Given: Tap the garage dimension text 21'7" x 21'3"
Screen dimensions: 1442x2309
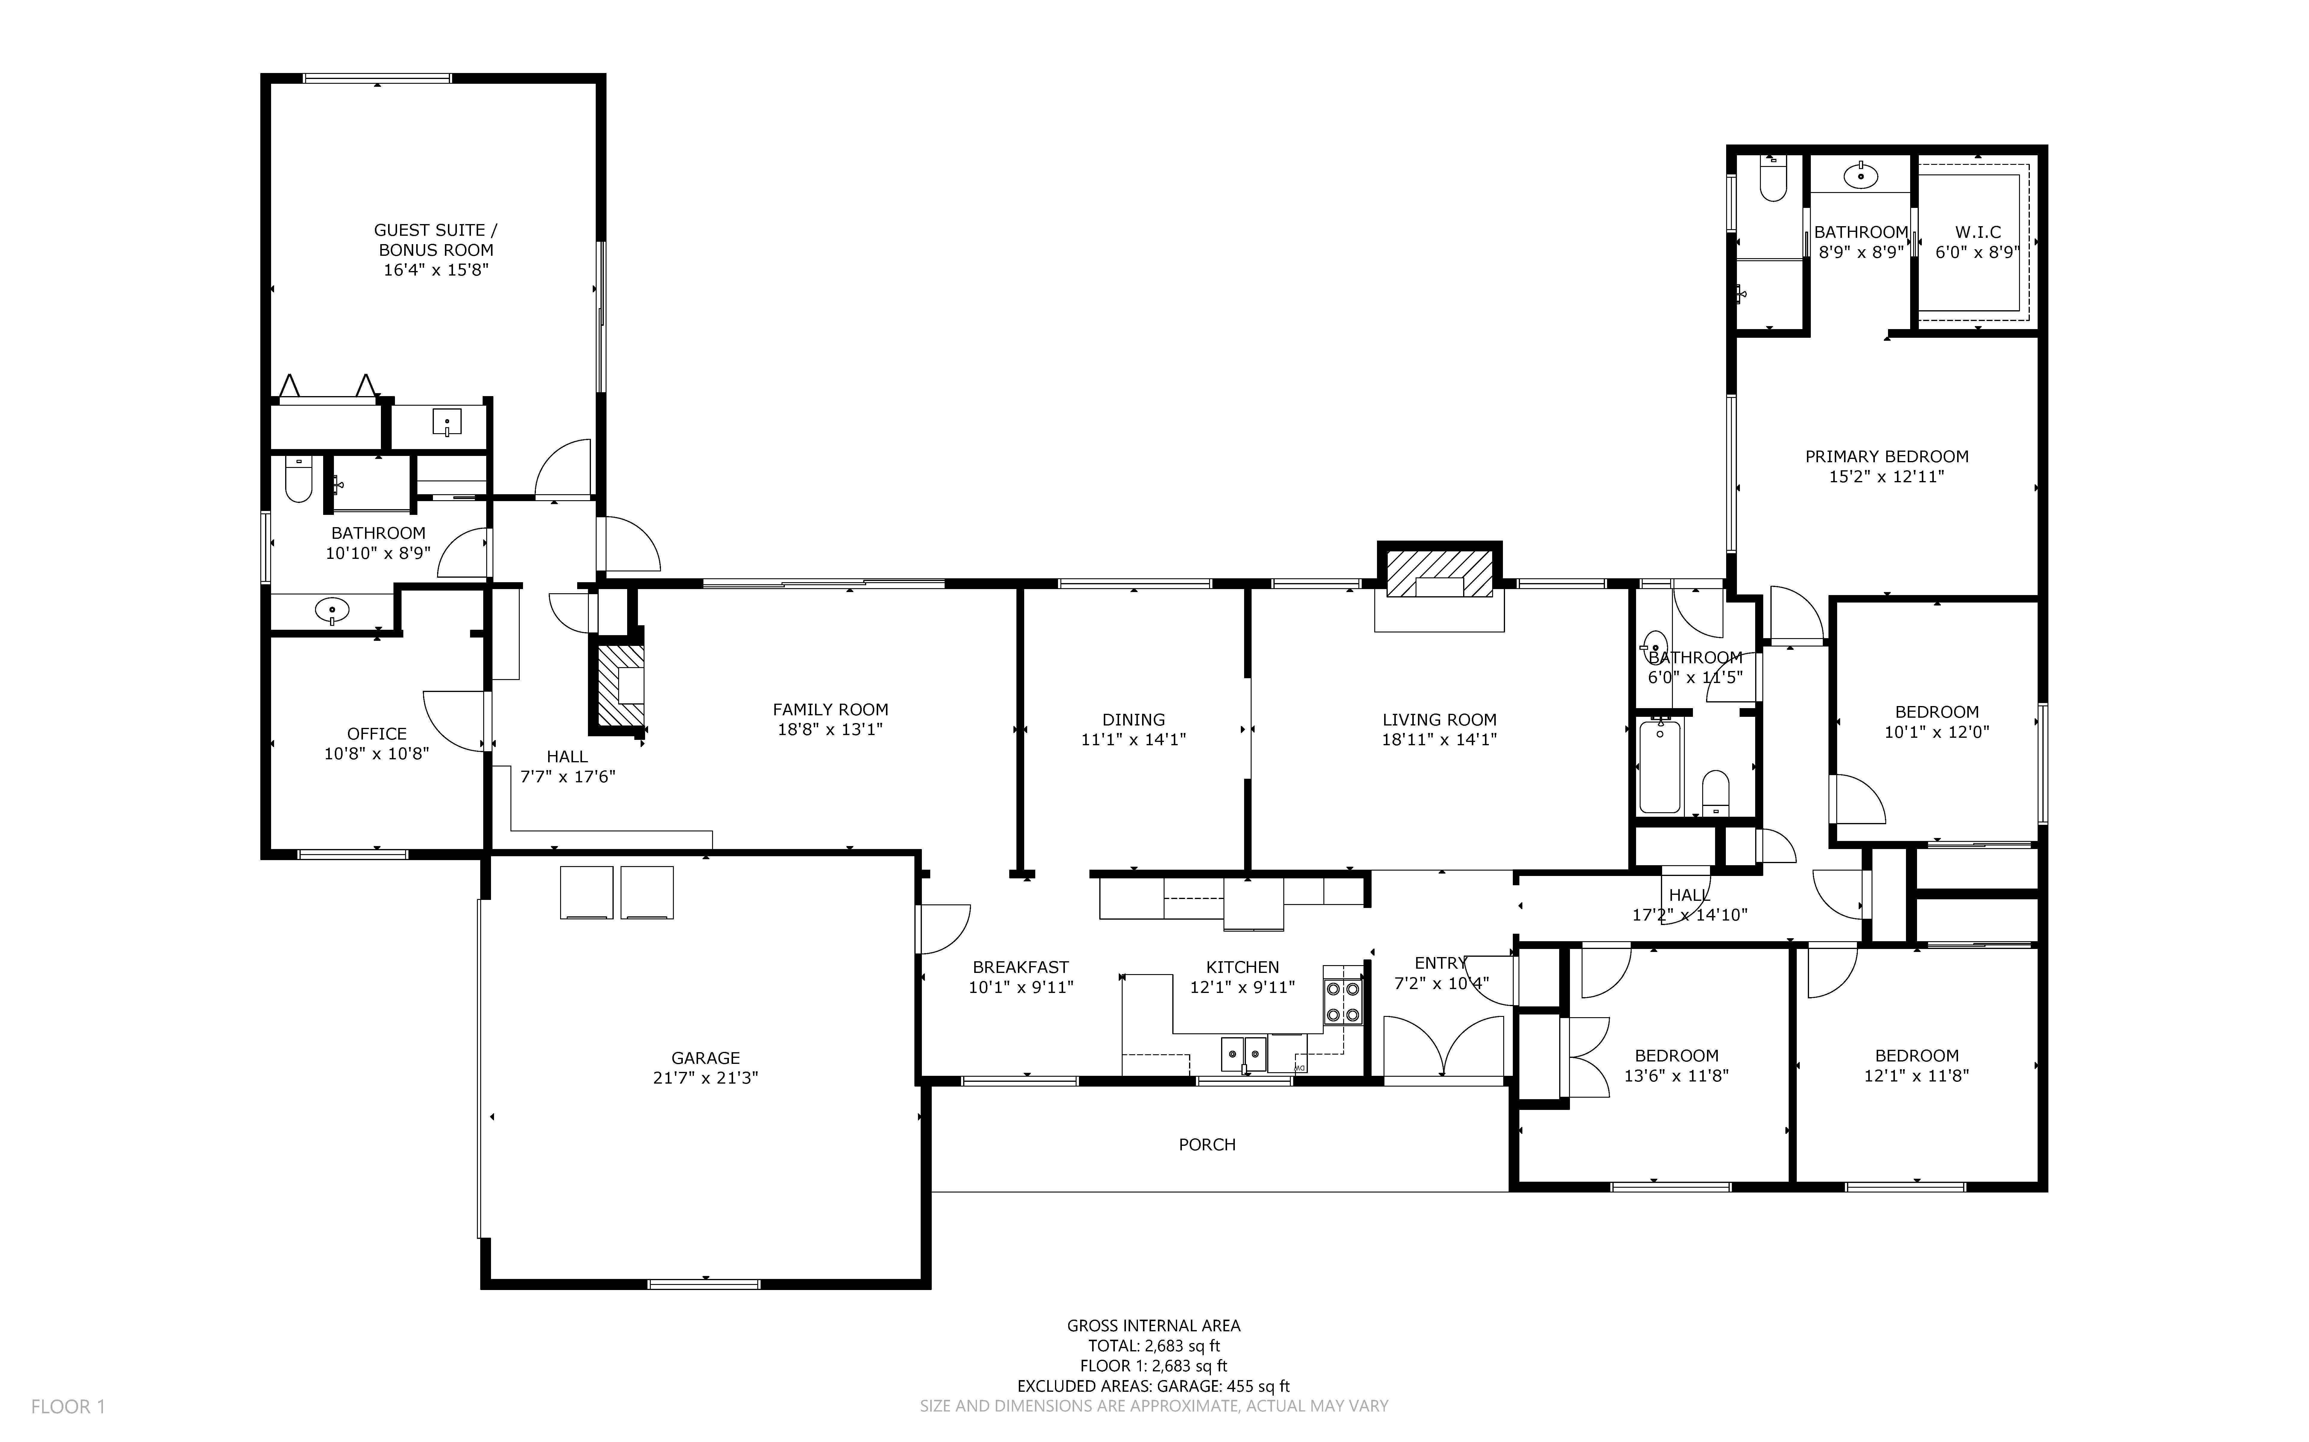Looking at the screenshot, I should [x=705, y=1078].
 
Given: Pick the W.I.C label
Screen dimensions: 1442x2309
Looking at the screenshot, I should [x=1977, y=232].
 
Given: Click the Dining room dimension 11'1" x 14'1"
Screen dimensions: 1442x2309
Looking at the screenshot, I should [x=1133, y=739].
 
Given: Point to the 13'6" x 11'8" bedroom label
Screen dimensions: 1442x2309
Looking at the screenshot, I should [x=1676, y=1065].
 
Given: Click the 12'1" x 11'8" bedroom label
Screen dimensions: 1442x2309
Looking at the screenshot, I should [x=1916, y=1065].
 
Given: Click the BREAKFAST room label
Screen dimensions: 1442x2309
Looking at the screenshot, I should [x=1021, y=967].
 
